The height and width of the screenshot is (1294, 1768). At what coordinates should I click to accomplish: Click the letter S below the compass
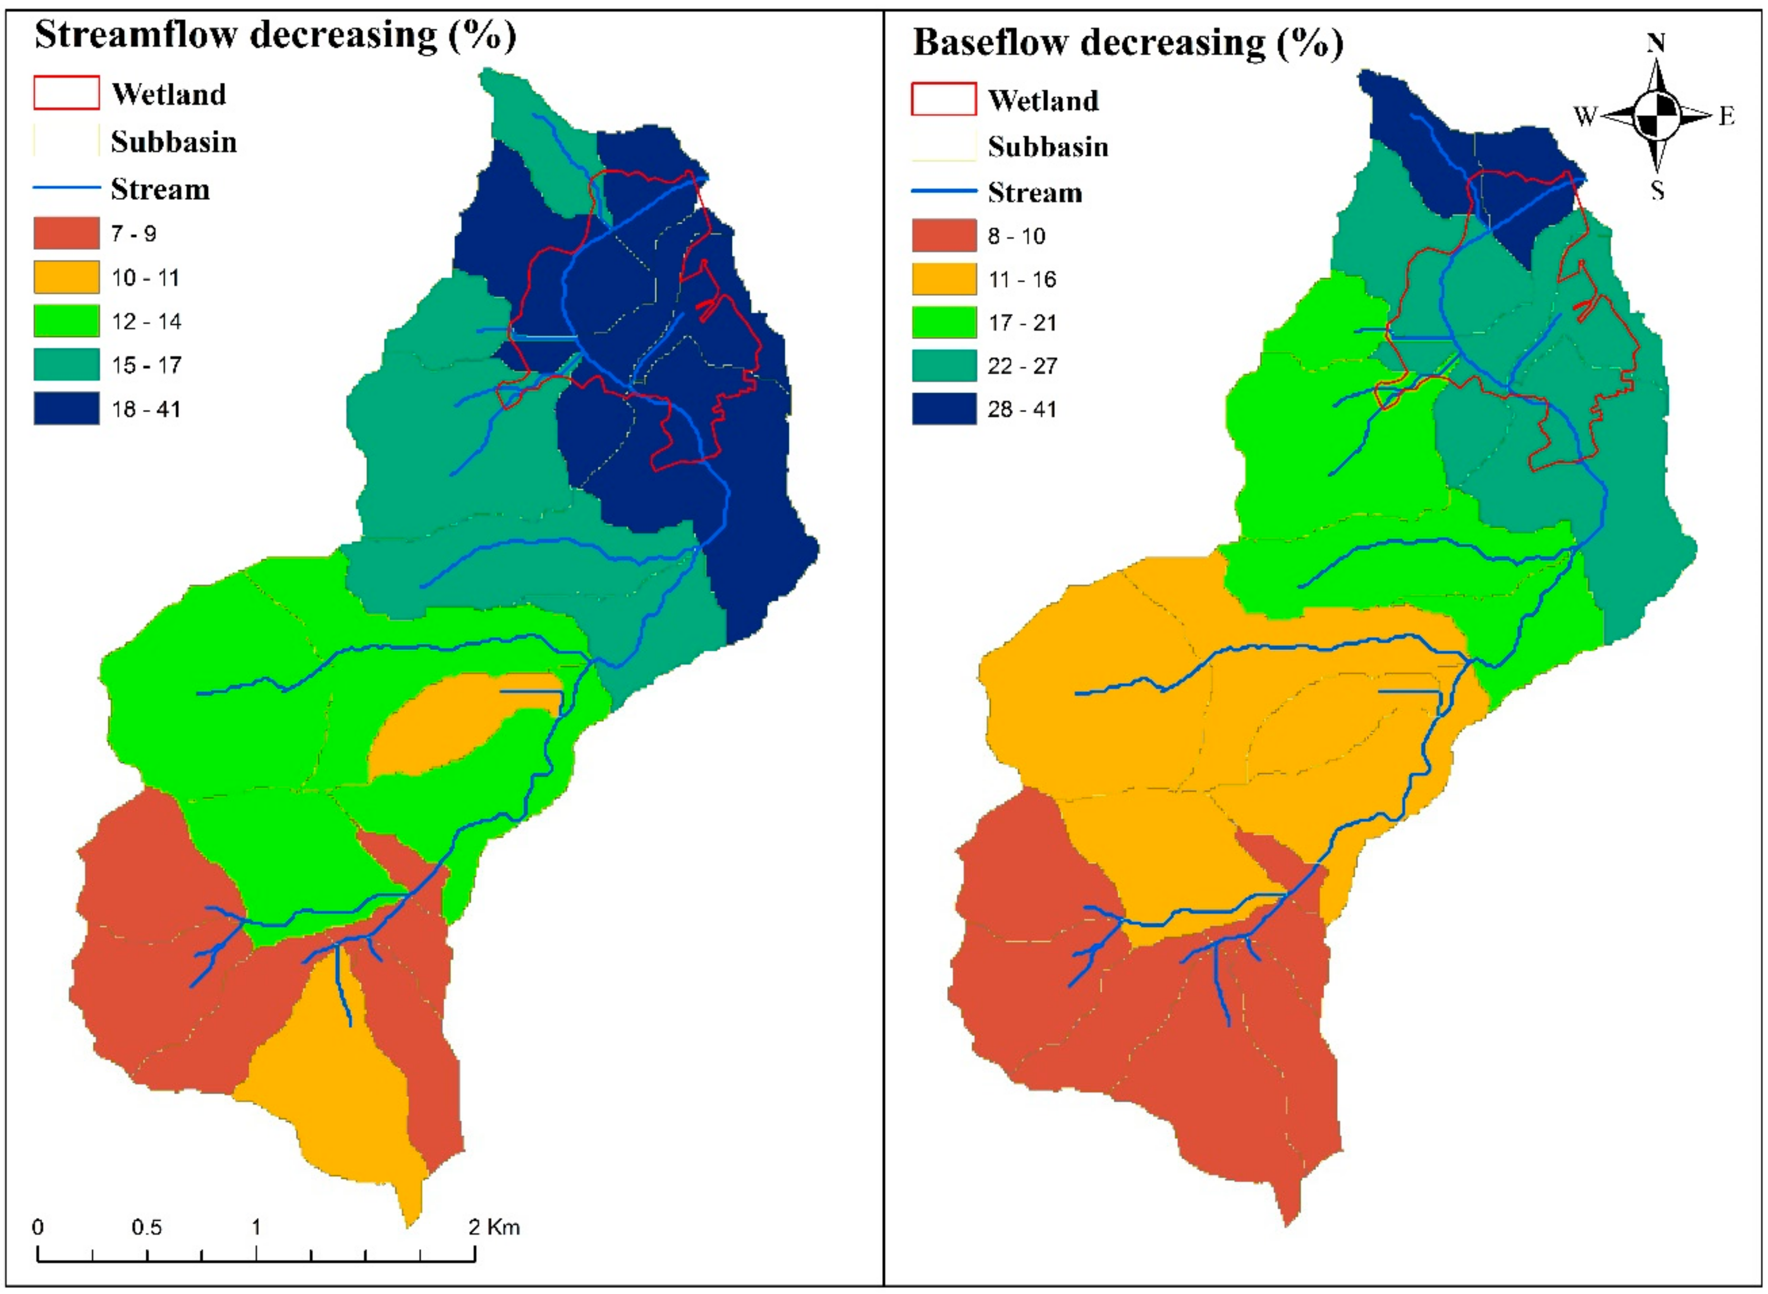pos(1657,190)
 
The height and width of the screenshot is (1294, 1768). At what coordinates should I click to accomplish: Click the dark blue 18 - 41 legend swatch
pos(66,409)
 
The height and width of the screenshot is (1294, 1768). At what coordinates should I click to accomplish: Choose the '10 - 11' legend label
pos(146,278)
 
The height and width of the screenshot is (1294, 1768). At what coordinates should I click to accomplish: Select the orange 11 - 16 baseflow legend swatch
pos(943,279)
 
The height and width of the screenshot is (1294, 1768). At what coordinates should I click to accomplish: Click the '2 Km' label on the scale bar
pos(494,1227)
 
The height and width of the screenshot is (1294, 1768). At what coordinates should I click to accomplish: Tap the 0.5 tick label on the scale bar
pos(147,1227)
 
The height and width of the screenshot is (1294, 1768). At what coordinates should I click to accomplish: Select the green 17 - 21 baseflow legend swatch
pos(943,323)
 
